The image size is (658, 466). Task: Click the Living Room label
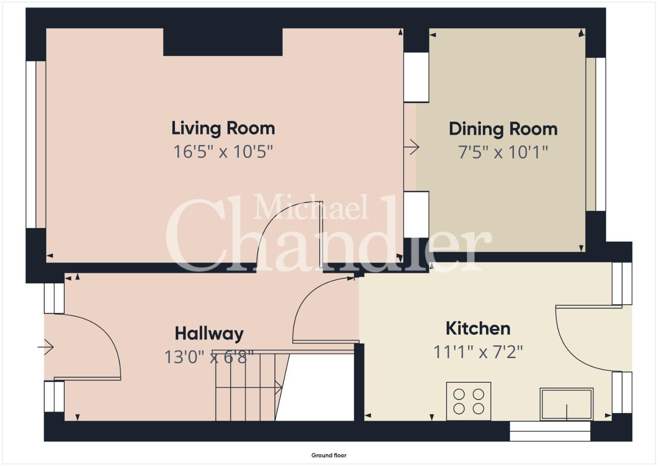click(223, 129)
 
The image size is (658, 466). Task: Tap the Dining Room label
click(503, 129)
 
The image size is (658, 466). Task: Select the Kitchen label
click(478, 328)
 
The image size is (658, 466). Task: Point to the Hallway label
click(209, 334)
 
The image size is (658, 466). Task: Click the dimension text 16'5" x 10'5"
click(223, 152)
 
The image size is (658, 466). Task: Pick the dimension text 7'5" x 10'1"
click(503, 152)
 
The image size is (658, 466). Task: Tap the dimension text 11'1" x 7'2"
click(478, 352)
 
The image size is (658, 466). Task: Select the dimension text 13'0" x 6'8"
click(209, 357)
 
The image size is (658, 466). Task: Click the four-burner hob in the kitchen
click(468, 401)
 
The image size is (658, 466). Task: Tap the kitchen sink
click(567, 404)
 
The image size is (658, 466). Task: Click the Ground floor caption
click(329, 455)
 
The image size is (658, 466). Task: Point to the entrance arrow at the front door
click(46, 347)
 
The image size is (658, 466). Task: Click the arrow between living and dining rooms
click(412, 147)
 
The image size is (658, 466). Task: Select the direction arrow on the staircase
click(249, 387)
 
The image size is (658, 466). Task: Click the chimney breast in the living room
click(223, 42)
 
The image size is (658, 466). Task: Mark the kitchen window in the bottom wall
click(550, 431)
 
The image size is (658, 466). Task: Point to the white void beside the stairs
click(315, 387)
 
